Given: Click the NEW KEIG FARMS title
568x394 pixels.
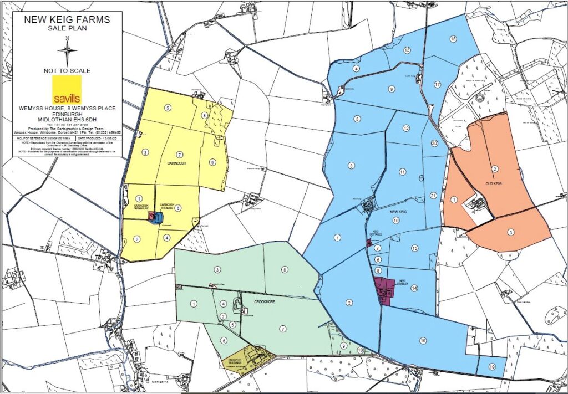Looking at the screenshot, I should (67, 20).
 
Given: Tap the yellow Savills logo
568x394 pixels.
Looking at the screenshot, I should (67, 89).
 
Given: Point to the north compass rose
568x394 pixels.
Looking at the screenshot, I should (67, 52).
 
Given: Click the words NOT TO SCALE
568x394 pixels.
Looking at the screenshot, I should (67, 71).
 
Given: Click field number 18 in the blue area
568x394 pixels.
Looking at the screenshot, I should (453, 39).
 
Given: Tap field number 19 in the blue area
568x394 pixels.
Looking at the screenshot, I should (492, 366).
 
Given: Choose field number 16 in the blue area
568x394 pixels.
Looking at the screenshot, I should (423, 340).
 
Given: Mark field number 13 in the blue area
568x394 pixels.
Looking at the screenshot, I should (407, 50).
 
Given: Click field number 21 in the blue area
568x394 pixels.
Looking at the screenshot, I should (433, 196).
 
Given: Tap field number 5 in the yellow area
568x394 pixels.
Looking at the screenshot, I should (168, 107).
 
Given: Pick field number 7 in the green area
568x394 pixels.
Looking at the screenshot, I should (283, 329).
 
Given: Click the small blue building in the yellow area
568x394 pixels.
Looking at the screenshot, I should (158, 217).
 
